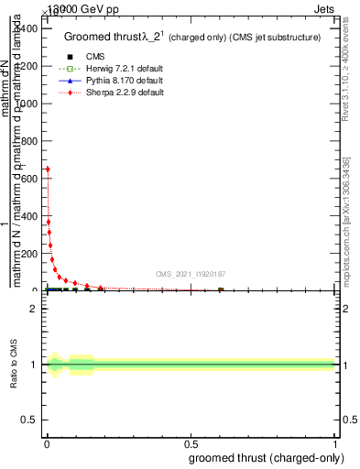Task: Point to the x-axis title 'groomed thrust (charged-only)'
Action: (265, 457)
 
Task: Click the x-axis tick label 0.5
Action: (191, 442)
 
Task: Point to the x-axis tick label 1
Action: (334, 442)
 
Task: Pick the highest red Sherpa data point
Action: (47, 169)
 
